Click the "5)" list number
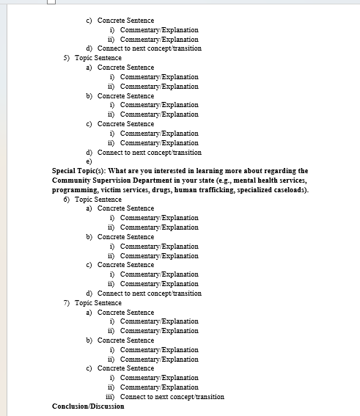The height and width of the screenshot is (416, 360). tap(67, 58)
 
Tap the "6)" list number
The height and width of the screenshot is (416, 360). tap(67, 200)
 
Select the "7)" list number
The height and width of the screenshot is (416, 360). tap(67, 303)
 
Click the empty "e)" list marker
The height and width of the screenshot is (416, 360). tap(89, 161)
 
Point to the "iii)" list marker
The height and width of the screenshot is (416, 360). tap(111, 397)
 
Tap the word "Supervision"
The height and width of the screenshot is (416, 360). tap(116, 180)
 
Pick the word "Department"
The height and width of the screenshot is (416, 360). tap(162, 180)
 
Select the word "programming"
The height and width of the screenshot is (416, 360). tap(76, 190)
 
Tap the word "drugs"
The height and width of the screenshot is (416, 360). tap(166, 190)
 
